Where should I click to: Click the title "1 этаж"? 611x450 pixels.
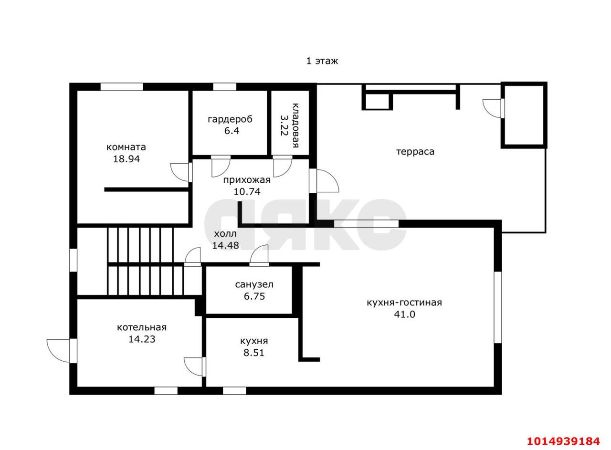pyautogui.click(x=322, y=61)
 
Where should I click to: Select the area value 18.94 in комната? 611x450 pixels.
pyautogui.click(x=126, y=159)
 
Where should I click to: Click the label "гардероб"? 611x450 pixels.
pyautogui.click(x=230, y=120)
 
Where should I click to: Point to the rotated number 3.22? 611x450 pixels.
pyautogui.click(x=284, y=126)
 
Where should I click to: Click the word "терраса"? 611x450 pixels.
pyautogui.click(x=415, y=151)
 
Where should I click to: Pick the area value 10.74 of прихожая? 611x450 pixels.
pyautogui.click(x=247, y=191)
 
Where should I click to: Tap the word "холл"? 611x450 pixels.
pyautogui.click(x=225, y=234)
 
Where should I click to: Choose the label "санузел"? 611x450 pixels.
pyautogui.click(x=254, y=284)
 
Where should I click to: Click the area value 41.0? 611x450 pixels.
pyautogui.click(x=404, y=314)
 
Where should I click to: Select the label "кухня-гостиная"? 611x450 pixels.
pyautogui.click(x=404, y=303)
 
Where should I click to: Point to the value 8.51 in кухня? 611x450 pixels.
pyautogui.click(x=253, y=353)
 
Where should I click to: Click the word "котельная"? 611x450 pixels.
pyautogui.click(x=142, y=327)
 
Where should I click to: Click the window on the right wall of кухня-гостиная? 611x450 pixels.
pyautogui.click(x=498, y=307)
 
